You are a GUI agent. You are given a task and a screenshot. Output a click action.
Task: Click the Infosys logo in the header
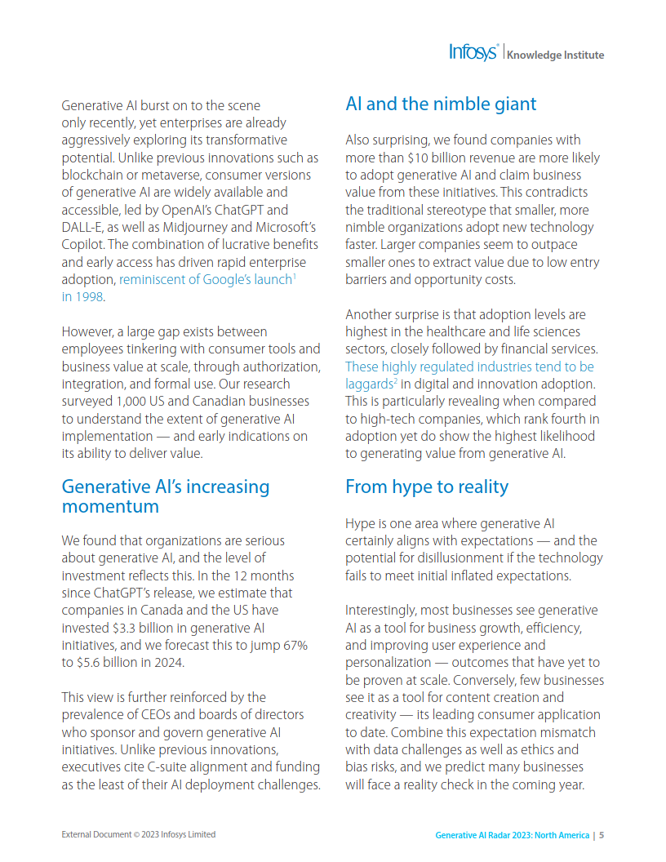coord(473,53)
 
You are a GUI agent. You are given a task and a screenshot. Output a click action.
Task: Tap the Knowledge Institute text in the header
coord(555,56)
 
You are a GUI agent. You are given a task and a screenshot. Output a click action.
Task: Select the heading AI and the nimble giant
coord(441,104)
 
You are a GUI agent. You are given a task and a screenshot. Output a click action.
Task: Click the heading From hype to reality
coord(426,487)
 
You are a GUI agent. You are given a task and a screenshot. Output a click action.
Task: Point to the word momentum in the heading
coord(110,507)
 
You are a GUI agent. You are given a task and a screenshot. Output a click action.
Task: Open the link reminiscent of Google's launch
coord(206,280)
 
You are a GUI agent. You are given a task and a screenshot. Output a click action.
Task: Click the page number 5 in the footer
coord(602,835)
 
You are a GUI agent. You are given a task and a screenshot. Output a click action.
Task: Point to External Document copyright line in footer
coord(139,834)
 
